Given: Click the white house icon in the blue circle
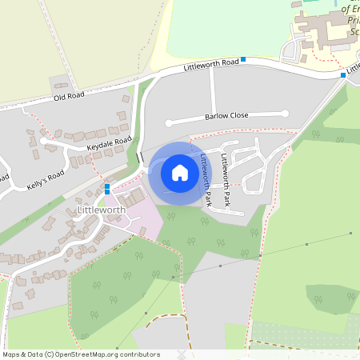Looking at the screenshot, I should (x=180, y=173).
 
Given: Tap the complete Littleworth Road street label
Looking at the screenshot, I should (x=211, y=62).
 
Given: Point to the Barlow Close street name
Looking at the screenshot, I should (x=226, y=115).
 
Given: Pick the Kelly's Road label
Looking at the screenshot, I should (x=45, y=174).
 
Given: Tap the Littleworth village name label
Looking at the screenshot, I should (x=102, y=210).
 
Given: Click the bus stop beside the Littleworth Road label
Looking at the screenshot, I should (x=243, y=60).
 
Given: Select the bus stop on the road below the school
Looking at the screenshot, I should (x=342, y=75).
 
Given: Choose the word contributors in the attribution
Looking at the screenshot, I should (x=138, y=354).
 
